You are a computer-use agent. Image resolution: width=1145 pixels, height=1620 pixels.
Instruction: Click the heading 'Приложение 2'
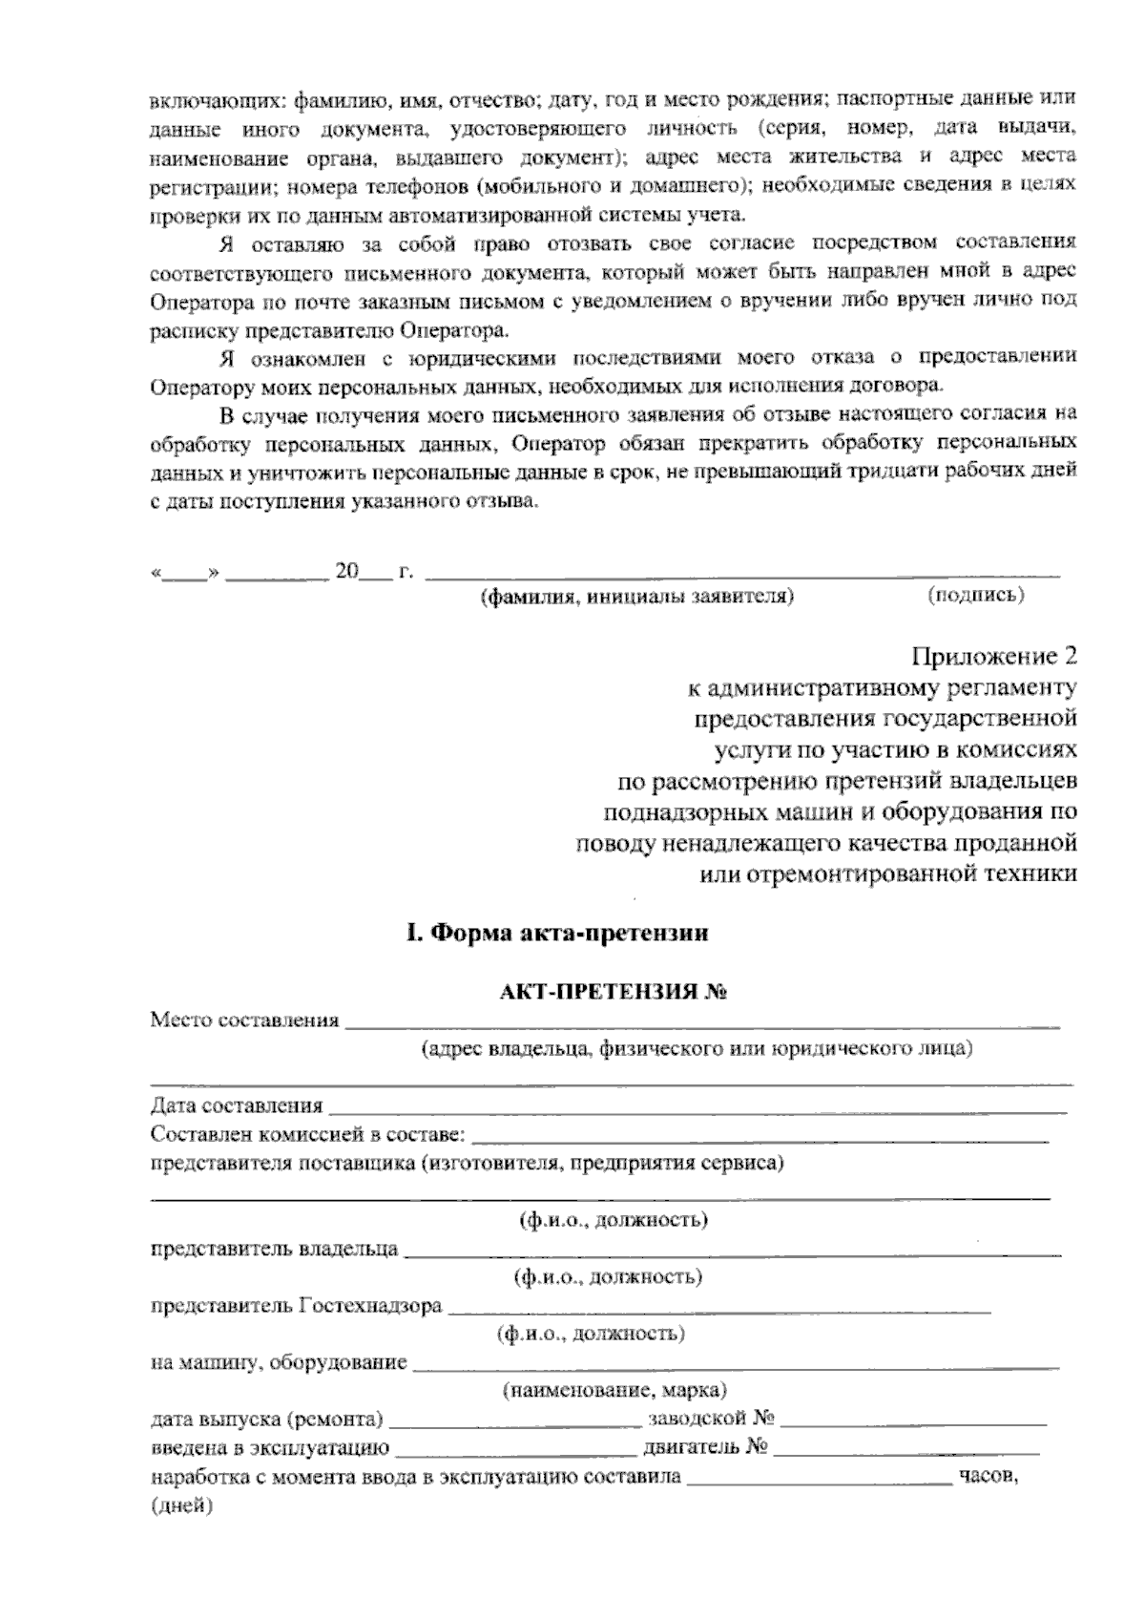(x=994, y=657)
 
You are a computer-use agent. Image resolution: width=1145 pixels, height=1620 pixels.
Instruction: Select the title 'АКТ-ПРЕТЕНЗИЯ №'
(x=614, y=992)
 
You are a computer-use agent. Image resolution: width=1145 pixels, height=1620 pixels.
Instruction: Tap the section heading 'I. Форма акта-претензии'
(x=557, y=933)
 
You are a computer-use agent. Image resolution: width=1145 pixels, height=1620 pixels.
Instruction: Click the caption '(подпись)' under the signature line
(x=976, y=595)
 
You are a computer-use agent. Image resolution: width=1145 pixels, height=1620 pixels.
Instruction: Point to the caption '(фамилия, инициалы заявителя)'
(x=635, y=597)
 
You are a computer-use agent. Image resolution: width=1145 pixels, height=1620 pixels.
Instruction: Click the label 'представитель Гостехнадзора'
(x=296, y=1305)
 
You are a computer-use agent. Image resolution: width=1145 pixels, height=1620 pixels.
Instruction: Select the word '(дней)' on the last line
(x=181, y=1506)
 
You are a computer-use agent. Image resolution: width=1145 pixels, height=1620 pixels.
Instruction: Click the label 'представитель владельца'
(x=275, y=1249)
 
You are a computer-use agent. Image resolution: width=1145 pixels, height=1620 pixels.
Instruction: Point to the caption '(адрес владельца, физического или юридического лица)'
(x=697, y=1048)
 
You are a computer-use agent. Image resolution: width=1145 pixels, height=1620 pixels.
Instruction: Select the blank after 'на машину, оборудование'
(x=735, y=1362)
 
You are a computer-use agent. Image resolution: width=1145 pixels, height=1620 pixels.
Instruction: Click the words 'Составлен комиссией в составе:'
(x=308, y=1135)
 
